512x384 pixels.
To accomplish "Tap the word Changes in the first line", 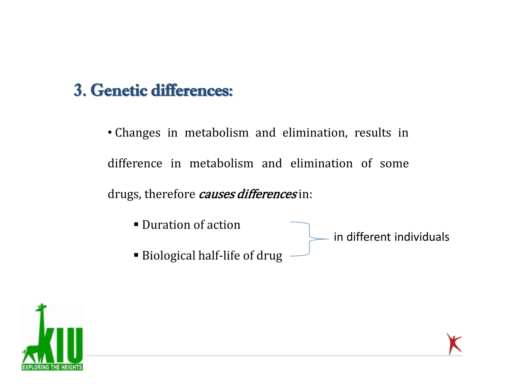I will (137, 133).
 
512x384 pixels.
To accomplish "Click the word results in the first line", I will (372, 132).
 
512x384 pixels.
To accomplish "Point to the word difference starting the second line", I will (135, 163).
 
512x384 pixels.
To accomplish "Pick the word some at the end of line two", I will (394, 163).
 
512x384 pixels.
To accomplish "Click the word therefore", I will (170, 194).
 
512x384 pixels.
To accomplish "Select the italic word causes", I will (216, 194).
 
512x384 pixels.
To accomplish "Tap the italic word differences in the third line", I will (266, 194).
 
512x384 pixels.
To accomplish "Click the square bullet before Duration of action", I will (136, 224).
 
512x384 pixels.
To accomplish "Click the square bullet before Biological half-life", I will (136, 255).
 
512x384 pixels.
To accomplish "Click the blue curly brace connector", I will (310, 239).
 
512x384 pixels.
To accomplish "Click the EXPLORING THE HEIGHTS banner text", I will (52, 367).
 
